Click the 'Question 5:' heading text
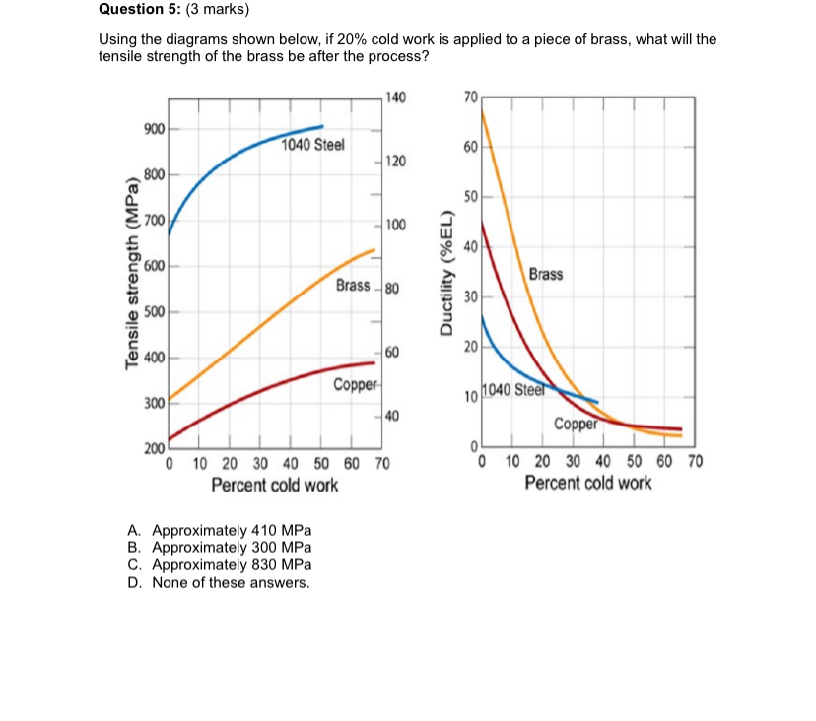tap(140, 11)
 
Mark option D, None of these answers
tap(218, 582)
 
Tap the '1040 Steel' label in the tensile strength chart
tap(312, 146)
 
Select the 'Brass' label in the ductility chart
tap(546, 274)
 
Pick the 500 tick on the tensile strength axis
tap(153, 312)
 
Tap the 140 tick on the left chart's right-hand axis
tap(395, 98)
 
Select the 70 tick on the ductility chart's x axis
tap(693, 462)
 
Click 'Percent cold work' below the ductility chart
tap(587, 484)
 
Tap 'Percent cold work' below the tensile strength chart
tap(274, 485)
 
